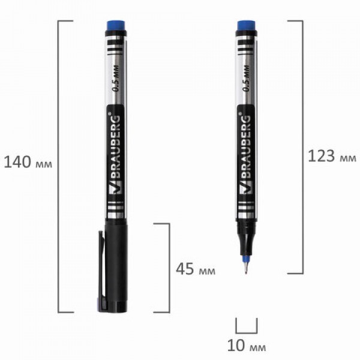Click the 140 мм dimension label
(28, 162)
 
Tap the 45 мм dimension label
(196, 269)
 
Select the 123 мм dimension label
(332, 156)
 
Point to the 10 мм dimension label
(247, 346)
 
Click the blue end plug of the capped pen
(116, 26)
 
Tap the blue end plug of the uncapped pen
(247, 26)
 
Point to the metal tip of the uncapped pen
(246, 268)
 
